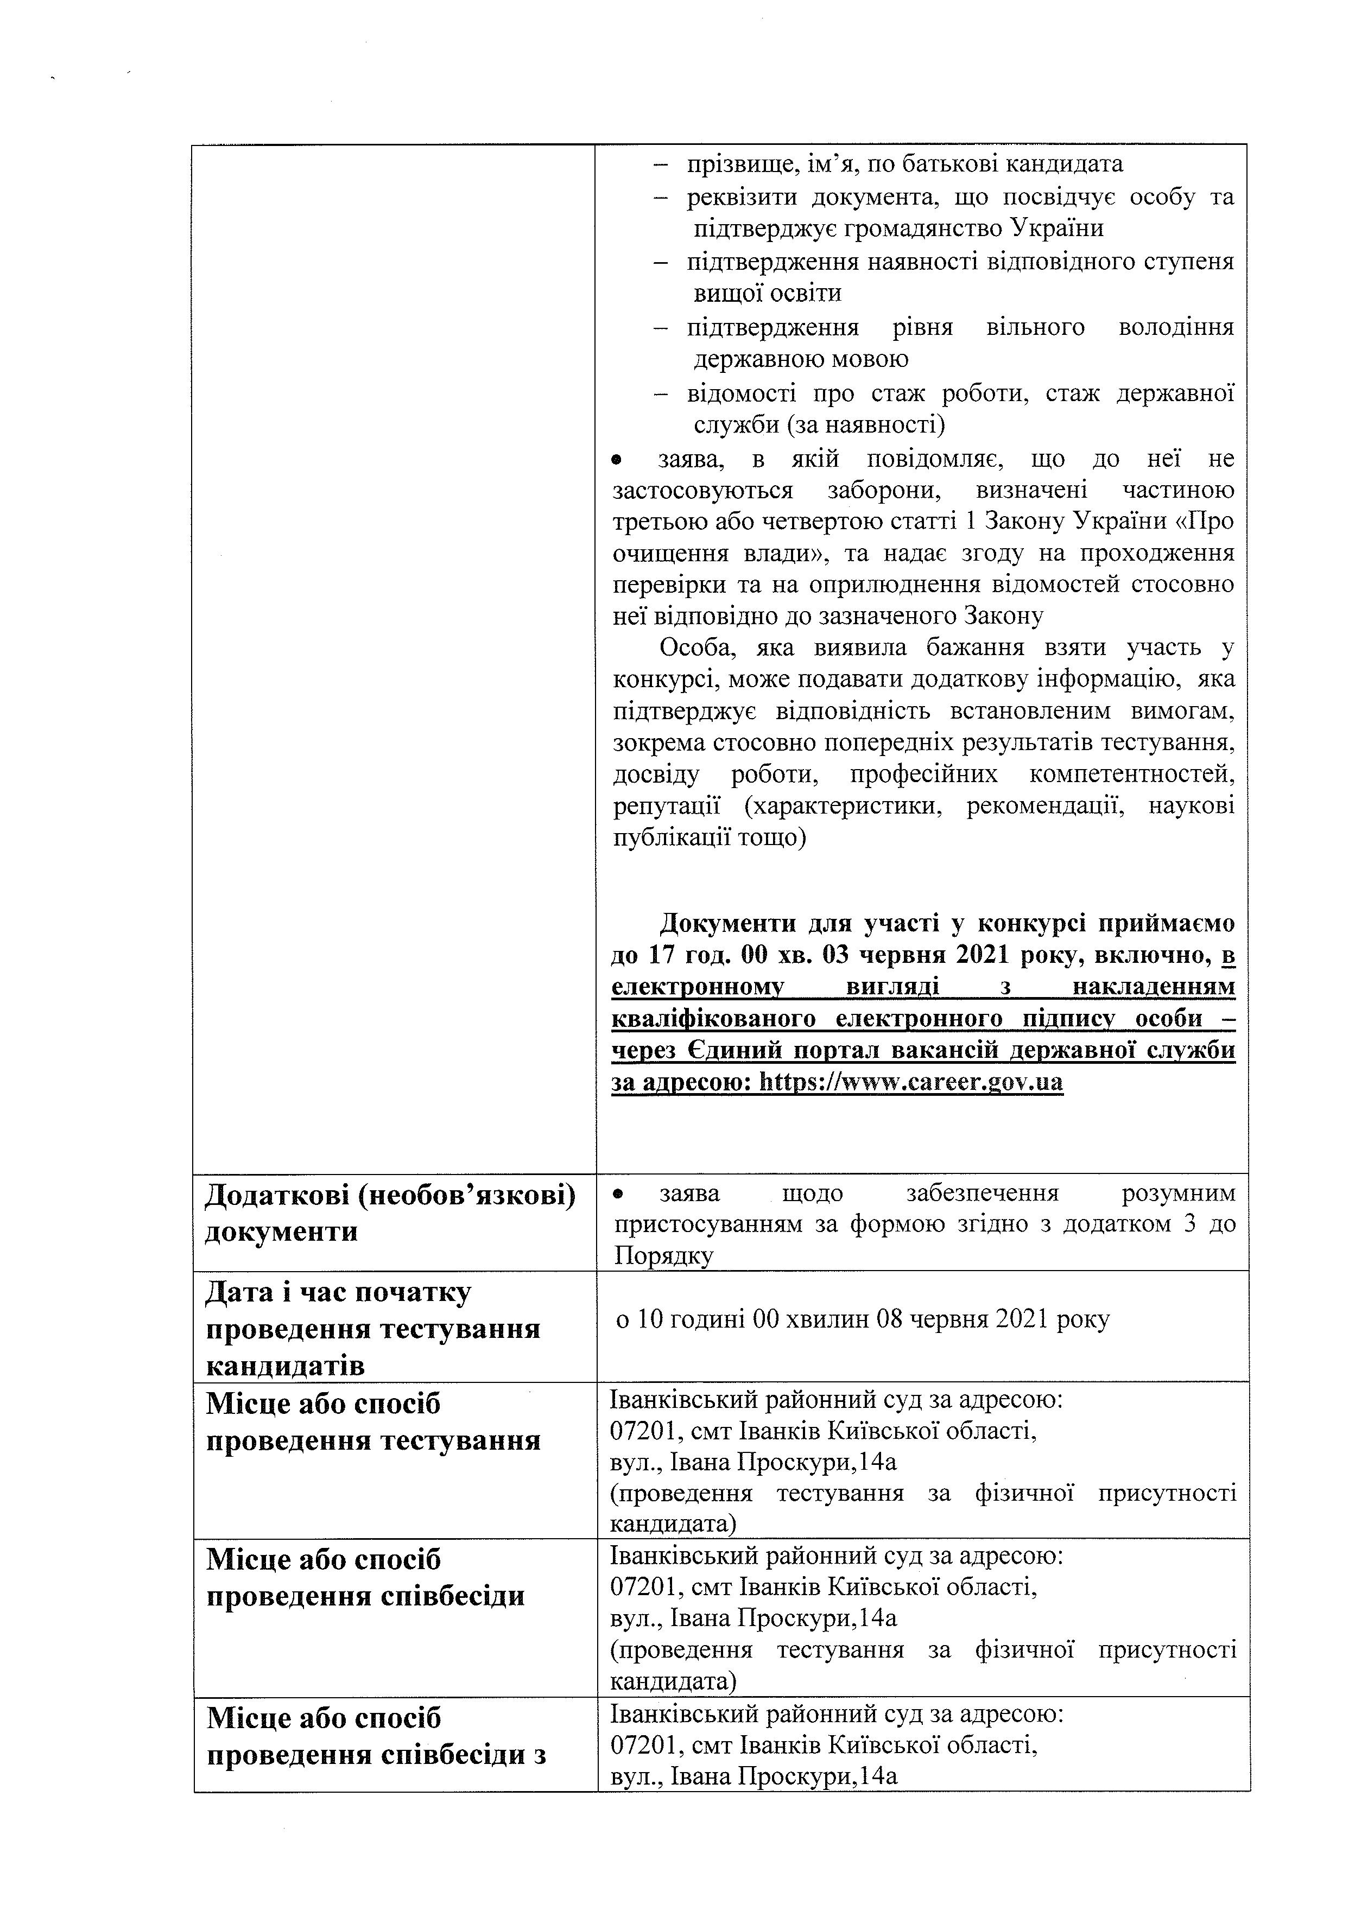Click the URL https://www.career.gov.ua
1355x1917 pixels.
(x=909, y=1083)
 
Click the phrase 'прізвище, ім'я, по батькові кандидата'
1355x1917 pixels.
(x=904, y=164)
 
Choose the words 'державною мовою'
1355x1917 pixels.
(x=801, y=359)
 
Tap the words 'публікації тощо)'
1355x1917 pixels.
(x=710, y=837)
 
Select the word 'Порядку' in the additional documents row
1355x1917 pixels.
(x=664, y=1256)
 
